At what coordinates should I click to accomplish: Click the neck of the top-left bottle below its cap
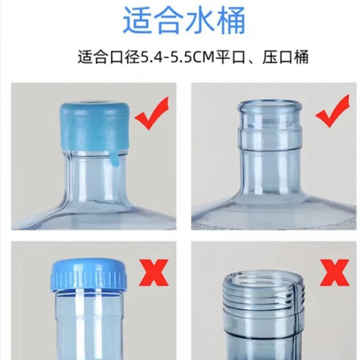[x=89, y=177]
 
